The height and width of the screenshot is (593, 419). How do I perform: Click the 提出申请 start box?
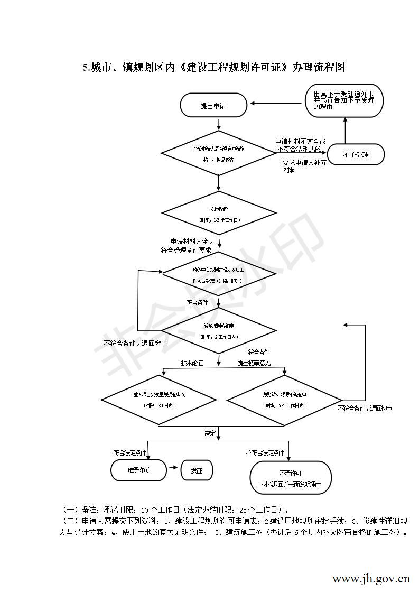click(x=213, y=106)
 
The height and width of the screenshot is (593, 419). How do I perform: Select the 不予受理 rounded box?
click(x=356, y=155)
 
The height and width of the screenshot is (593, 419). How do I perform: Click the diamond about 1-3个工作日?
click(x=219, y=214)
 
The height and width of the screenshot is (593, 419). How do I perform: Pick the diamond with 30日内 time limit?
click(x=159, y=400)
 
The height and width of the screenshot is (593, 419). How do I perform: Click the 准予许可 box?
click(x=138, y=470)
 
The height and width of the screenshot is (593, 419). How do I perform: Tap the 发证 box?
click(x=197, y=470)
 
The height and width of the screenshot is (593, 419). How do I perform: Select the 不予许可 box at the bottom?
click(x=291, y=478)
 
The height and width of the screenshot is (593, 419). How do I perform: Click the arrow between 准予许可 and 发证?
click(x=174, y=469)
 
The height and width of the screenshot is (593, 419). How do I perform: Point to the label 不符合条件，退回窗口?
click(x=136, y=343)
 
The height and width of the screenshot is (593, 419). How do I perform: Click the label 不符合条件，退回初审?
click(x=365, y=409)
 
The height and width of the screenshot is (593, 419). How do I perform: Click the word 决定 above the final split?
click(x=210, y=433)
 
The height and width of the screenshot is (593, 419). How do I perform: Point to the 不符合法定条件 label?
click(x=265, y=453)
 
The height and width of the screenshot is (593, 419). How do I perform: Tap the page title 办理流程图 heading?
click(x=213, y=68)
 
